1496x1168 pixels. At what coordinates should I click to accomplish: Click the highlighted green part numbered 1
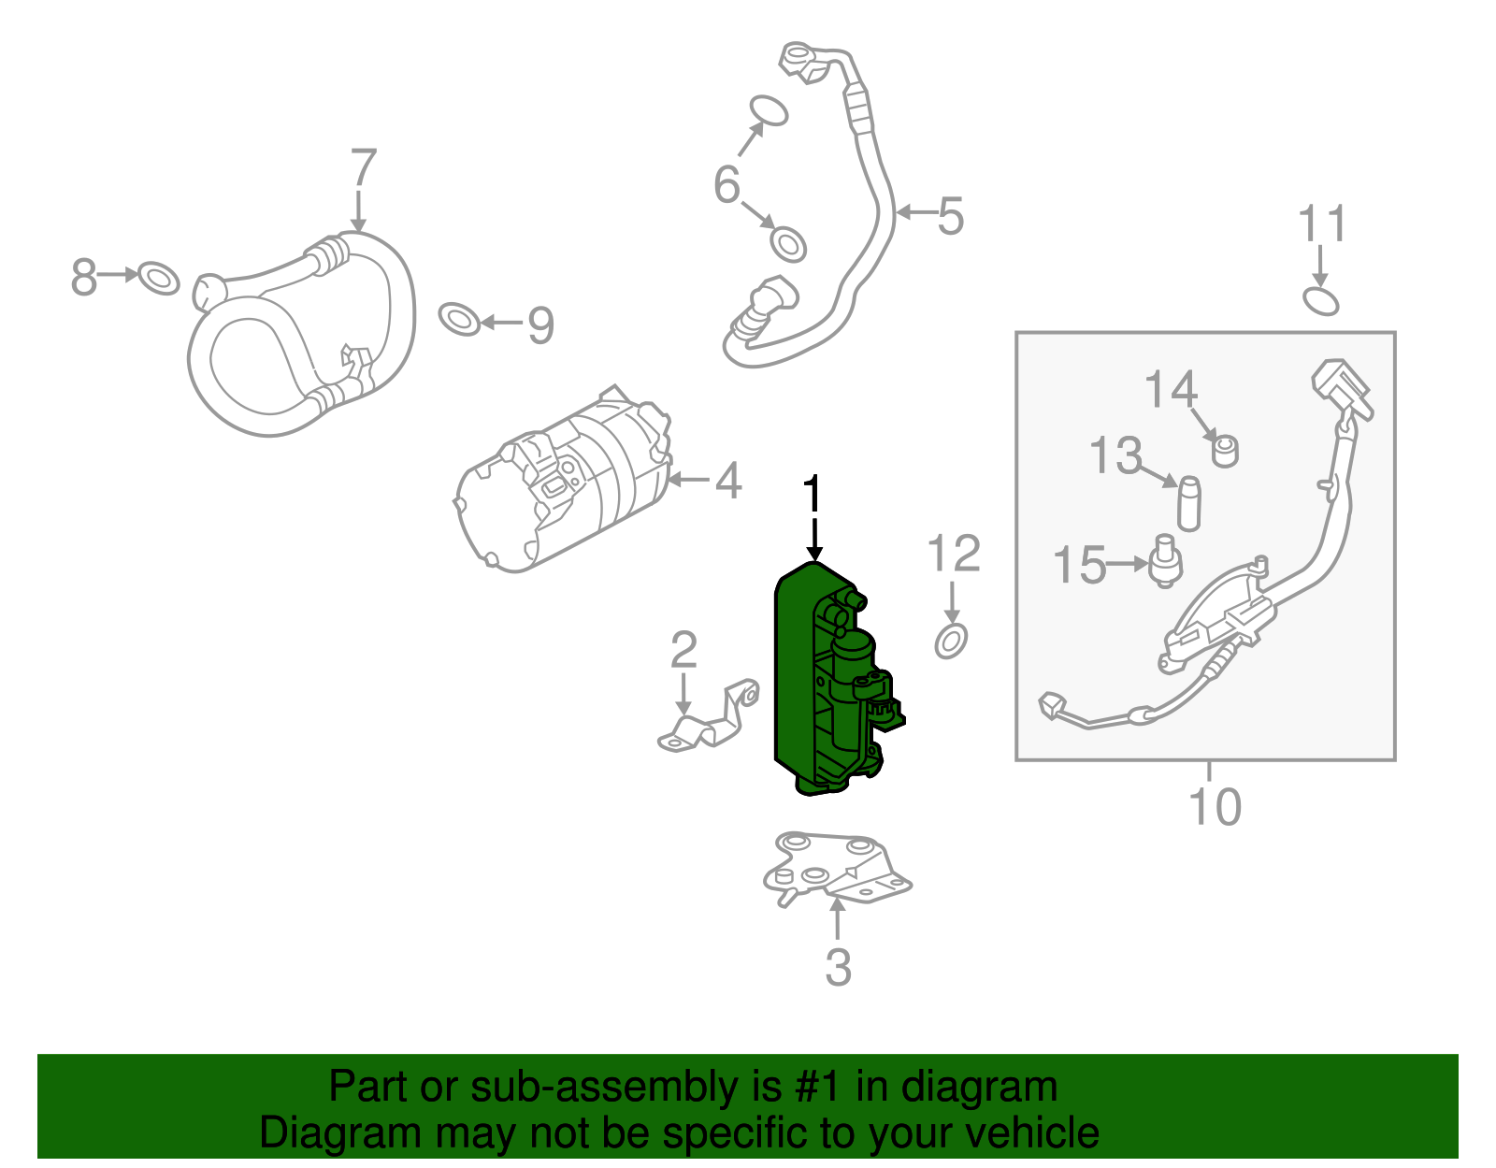tap(804, 673)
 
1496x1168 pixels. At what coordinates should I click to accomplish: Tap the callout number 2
tap(683, 650)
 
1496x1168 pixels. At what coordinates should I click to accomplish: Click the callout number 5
tap(950, 216)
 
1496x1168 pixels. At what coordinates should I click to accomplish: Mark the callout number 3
tap(838, 967)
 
